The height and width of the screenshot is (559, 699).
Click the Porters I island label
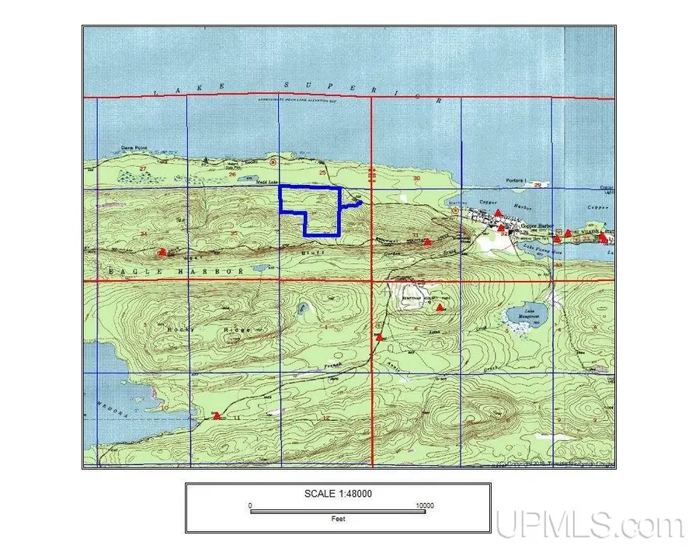(515, 181)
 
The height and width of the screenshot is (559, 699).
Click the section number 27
(143, 168)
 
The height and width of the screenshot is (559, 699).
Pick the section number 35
(233, 232)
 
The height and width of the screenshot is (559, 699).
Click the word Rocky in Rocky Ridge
(179, 329)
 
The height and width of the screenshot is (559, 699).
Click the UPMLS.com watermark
(589, 526)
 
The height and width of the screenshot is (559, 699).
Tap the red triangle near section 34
(162, 252)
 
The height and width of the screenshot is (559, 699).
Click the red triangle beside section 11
(217, 416)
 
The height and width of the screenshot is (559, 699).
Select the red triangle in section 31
(427, 241)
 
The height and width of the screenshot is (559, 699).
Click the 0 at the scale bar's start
(250, 505)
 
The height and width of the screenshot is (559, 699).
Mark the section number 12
(325, 418)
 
